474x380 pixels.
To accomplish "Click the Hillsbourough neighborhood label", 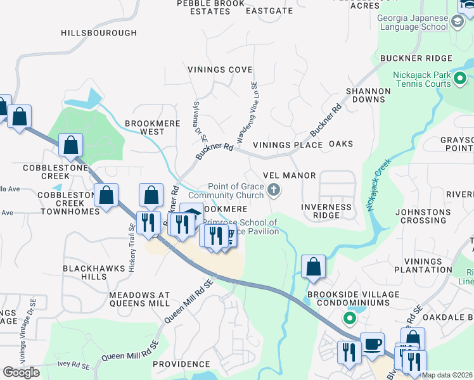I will point(99,33).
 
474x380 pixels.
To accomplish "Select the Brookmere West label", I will point(144,128).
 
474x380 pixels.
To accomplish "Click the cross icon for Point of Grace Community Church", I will point(274,189).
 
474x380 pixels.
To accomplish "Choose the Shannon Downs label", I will point(368,95).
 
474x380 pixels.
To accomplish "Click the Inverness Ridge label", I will point(326,211).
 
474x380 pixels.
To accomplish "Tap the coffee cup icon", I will point(372,344).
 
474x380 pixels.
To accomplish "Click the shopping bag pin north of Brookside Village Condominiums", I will point(313,267).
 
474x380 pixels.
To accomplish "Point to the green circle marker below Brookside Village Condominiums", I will point(348,318).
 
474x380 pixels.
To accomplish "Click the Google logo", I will point(21,372).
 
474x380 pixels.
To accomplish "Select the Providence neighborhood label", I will point(181,364).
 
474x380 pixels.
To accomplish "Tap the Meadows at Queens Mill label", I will point(139,300).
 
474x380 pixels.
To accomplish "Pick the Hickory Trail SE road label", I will point(132,248).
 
